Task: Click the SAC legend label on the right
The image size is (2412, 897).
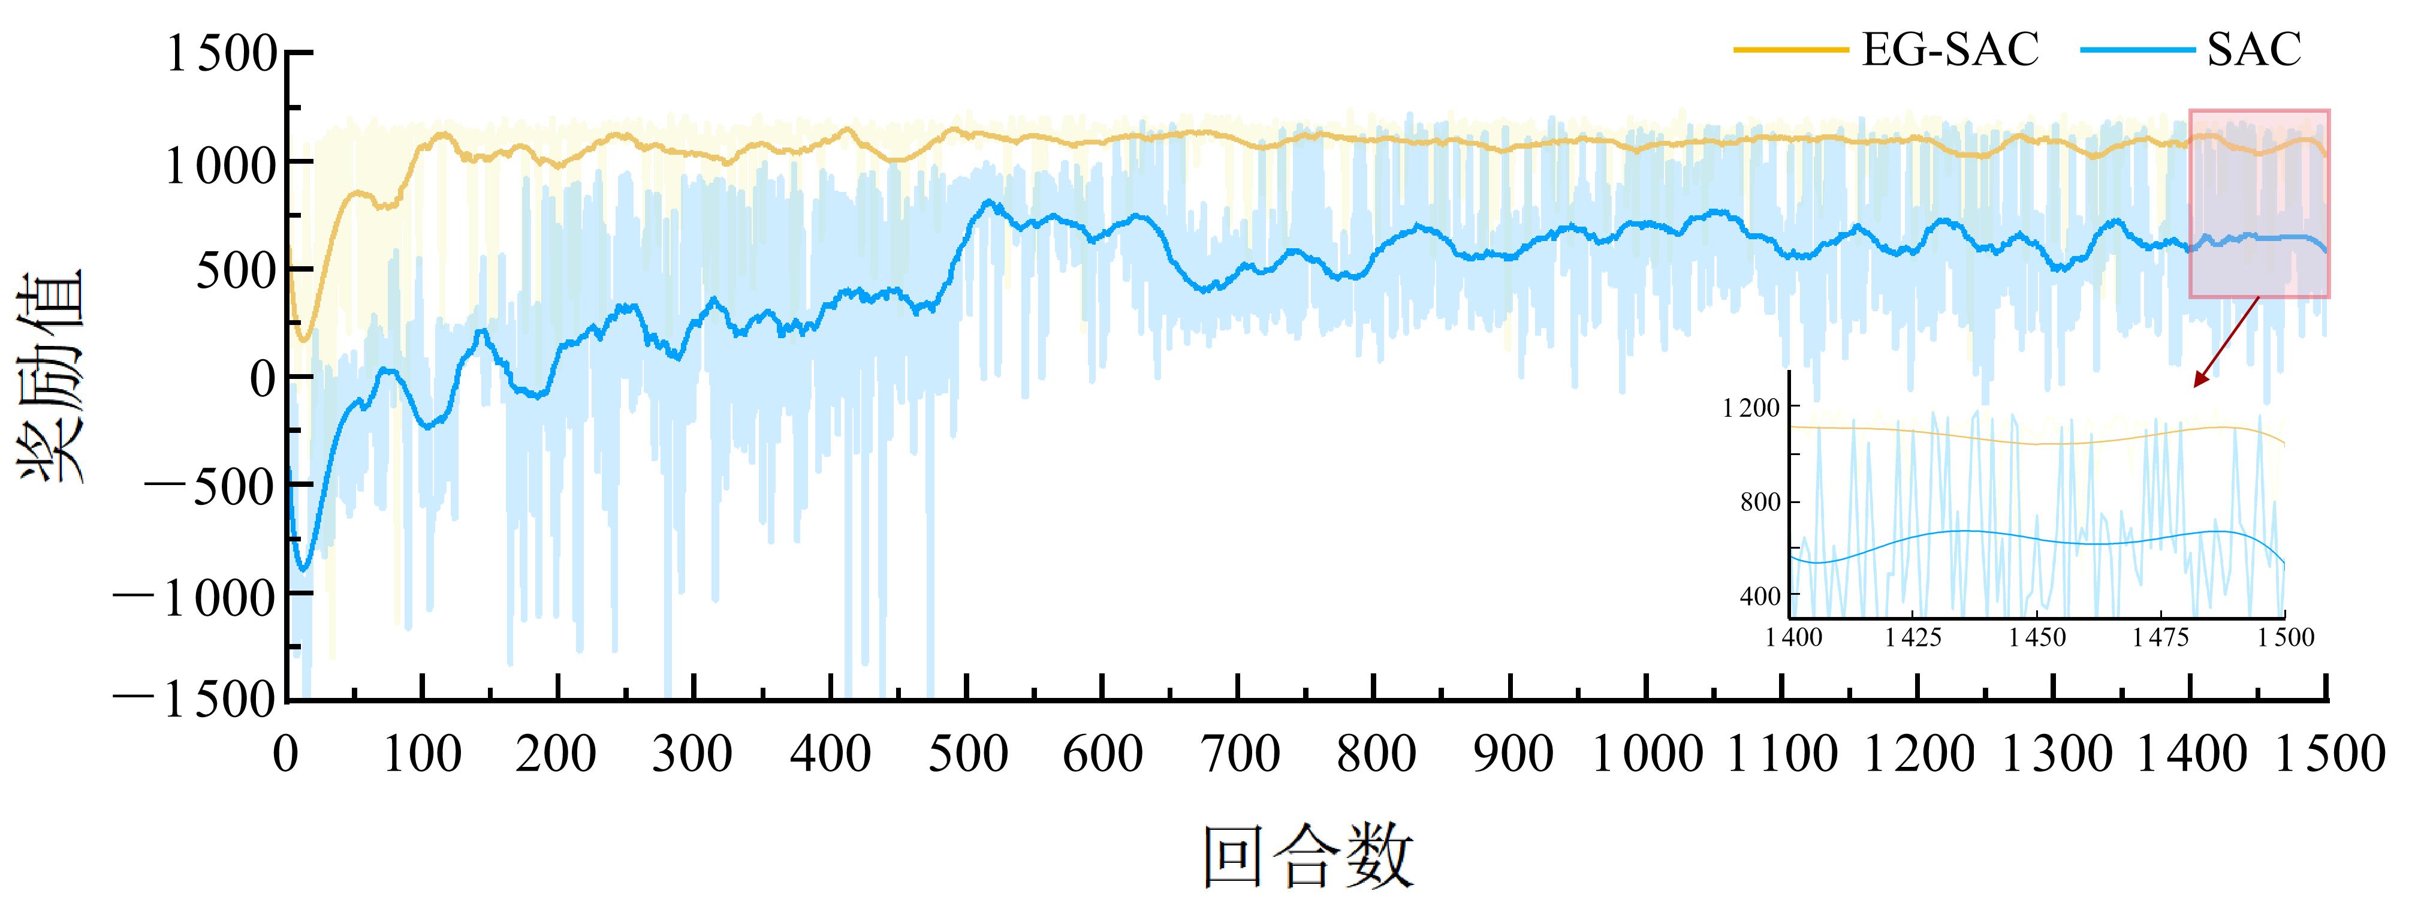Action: point(2254,50)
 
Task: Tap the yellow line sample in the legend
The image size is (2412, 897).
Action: point(1790,50)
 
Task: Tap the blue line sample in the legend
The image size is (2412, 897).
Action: point(2137,50)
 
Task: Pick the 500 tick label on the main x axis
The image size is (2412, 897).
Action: point(967,754)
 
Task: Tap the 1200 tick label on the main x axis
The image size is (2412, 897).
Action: point(1919,754)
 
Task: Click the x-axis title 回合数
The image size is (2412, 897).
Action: point(1308,856)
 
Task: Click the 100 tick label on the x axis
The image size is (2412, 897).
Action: point(423,754)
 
